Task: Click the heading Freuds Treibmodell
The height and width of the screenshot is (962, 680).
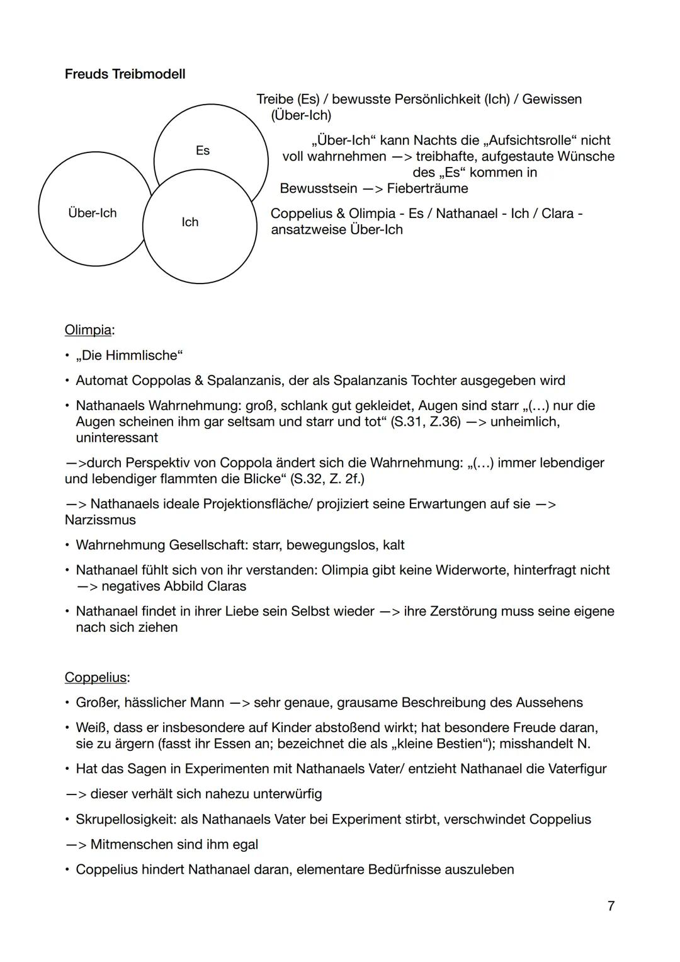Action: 125,74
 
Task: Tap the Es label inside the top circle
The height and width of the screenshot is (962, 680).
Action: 202,151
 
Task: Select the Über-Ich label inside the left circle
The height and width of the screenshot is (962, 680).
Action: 92,213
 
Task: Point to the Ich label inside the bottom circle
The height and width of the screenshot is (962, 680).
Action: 190,222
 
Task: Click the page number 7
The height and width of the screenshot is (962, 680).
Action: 611,906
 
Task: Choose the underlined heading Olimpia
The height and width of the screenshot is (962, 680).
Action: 88,330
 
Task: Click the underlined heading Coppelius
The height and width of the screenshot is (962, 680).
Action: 96,678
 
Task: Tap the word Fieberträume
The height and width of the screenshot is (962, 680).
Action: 428,188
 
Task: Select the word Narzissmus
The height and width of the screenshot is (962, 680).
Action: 100,520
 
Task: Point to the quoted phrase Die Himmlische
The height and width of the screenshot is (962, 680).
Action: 129,356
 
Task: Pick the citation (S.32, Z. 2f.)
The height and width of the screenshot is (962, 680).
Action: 327,479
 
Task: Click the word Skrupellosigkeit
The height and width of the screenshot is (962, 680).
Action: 125,820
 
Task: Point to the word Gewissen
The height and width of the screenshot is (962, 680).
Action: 552,100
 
